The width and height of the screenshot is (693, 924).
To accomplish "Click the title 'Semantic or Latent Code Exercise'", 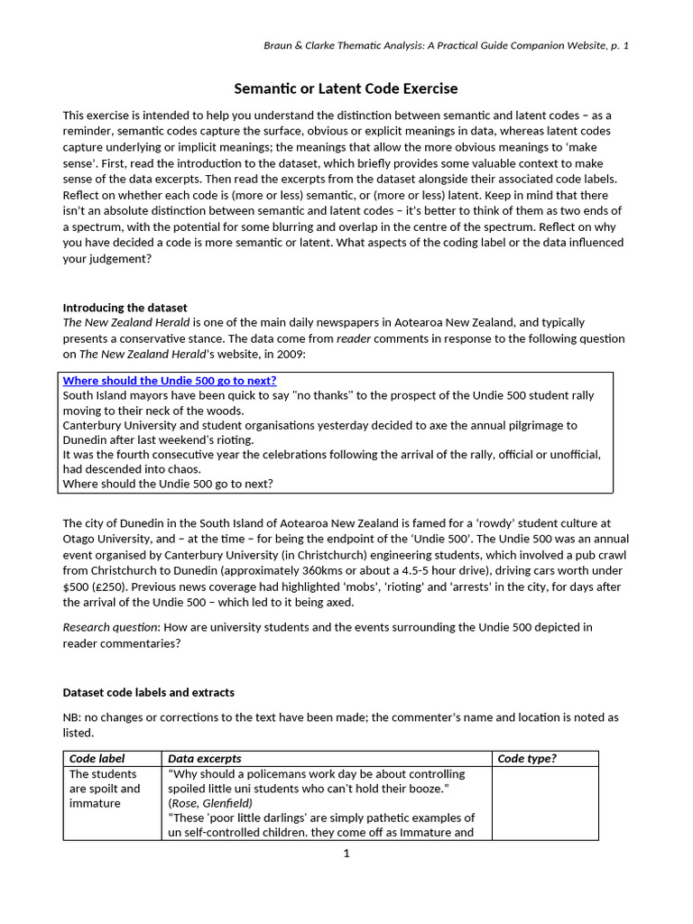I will (346, 88).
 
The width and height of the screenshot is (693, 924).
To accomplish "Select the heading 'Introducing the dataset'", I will (125, 308).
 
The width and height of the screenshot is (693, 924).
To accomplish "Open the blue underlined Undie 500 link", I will (170, 381).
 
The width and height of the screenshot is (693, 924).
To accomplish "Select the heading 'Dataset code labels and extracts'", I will (148, 692).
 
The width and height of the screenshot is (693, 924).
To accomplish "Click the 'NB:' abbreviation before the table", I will (73, 717).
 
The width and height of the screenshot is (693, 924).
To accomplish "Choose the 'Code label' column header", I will (97, 759).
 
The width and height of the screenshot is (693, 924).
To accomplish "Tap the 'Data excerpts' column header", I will (205, 759).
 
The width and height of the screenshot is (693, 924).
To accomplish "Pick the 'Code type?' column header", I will (527, 759).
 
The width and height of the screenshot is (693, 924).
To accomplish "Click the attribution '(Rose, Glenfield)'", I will (210, 803).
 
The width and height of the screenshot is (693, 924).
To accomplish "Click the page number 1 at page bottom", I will (346, 854).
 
